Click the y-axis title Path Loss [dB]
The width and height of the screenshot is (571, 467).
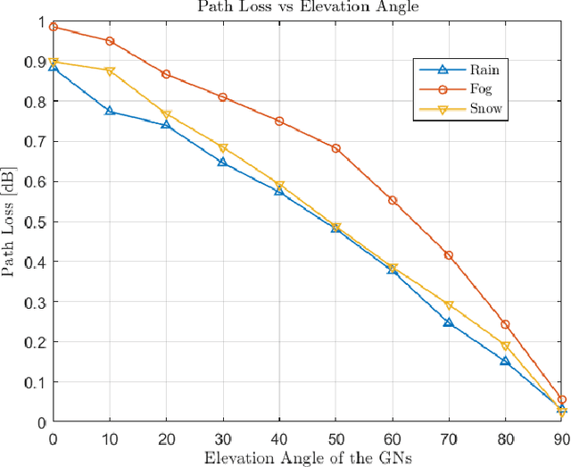[12, 221]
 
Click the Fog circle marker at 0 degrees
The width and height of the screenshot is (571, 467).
[54, 27]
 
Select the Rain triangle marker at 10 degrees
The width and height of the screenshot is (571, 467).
[110, 111]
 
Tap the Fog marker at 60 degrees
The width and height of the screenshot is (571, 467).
[393, 200]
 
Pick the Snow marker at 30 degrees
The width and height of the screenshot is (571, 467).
[223, 148]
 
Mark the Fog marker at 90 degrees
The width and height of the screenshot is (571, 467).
[561, 400]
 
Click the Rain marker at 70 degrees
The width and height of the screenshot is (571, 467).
[449, 322]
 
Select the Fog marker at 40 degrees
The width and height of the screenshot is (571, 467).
[279, 121]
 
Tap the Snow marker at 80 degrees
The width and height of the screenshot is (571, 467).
[505, 346]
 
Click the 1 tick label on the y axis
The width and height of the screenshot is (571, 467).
[41, 21]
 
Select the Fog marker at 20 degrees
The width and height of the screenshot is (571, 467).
[166, 74]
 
